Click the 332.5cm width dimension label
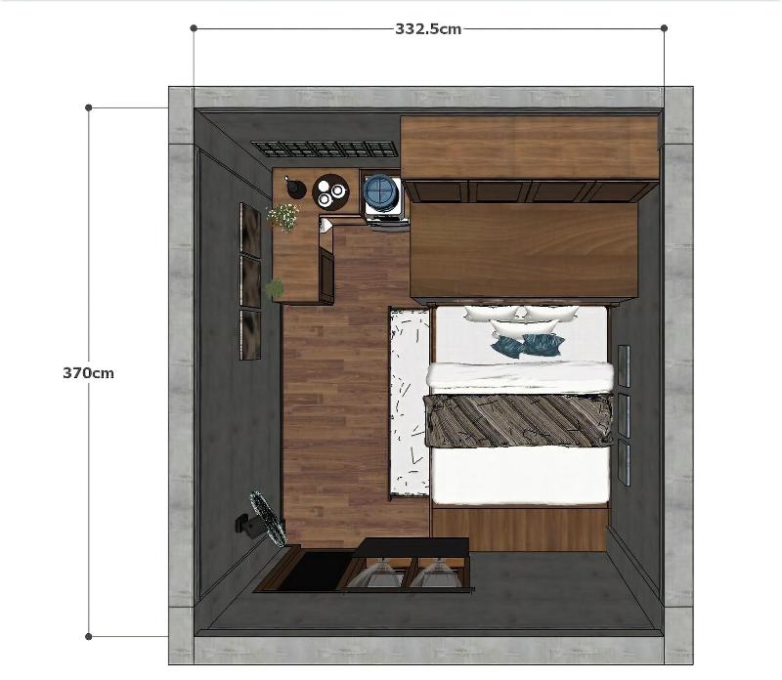pos(428,29)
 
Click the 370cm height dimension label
pos(88,373)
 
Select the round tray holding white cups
pos(330,191)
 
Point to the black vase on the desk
pos(294,188)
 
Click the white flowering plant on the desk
pos(283,217)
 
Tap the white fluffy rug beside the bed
pos(410,403)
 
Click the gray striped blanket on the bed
pos(518,420)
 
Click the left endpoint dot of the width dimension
pos(194,28)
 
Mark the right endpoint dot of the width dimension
pos(664,28)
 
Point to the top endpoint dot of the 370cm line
pos(89,107)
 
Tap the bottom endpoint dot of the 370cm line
pos(89,637)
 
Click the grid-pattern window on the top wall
pos(326,149)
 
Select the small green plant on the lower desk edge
pos(275,288)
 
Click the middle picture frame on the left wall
pos(250,281)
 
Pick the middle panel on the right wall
pos(624,415)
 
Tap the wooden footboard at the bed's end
pos(520,530)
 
